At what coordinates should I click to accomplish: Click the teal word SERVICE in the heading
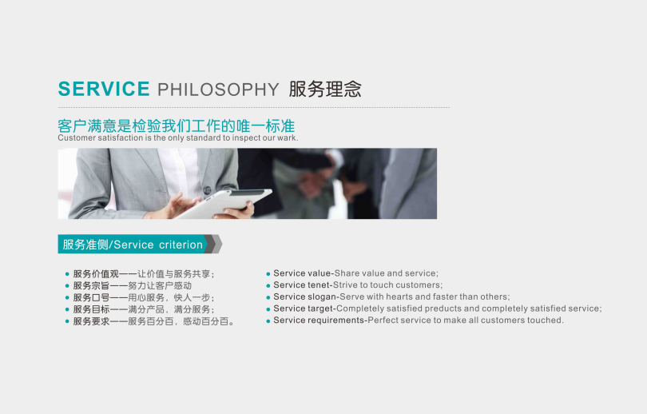coord(104,89)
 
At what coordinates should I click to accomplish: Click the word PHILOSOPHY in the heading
coord(218,90)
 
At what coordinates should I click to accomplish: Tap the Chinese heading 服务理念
coord(325,89)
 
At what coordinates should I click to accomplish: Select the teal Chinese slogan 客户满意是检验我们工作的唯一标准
coord(177,125)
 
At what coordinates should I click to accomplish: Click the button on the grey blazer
coord(207,190)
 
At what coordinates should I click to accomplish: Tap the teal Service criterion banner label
coord(133,245)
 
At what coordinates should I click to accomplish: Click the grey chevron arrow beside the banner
coord(214,244)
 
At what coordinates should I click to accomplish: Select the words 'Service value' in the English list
coord(302,273)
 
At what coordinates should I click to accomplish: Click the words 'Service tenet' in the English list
coord(302,285)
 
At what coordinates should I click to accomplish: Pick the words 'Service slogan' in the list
coord(304,297)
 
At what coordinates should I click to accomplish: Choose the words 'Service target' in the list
coord(304,309)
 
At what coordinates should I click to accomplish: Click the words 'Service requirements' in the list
coord(319,320)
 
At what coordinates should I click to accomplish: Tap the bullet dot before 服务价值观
coord(67,273)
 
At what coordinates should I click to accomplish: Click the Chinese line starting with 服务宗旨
coord(133,285)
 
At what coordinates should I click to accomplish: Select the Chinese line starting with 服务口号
coord(144,297)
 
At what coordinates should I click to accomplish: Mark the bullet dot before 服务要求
coord(67,321)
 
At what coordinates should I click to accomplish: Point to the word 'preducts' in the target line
coord(442,309)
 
